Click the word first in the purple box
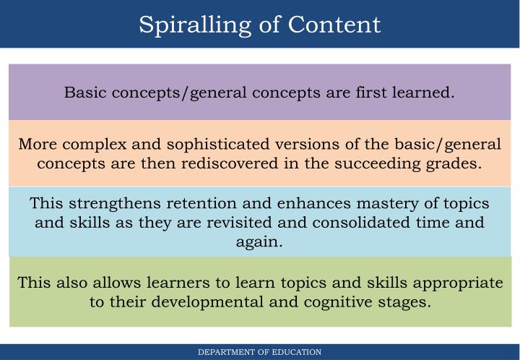point(365,93)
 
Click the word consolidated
point(360,223)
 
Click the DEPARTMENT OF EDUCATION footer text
point(260,352)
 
